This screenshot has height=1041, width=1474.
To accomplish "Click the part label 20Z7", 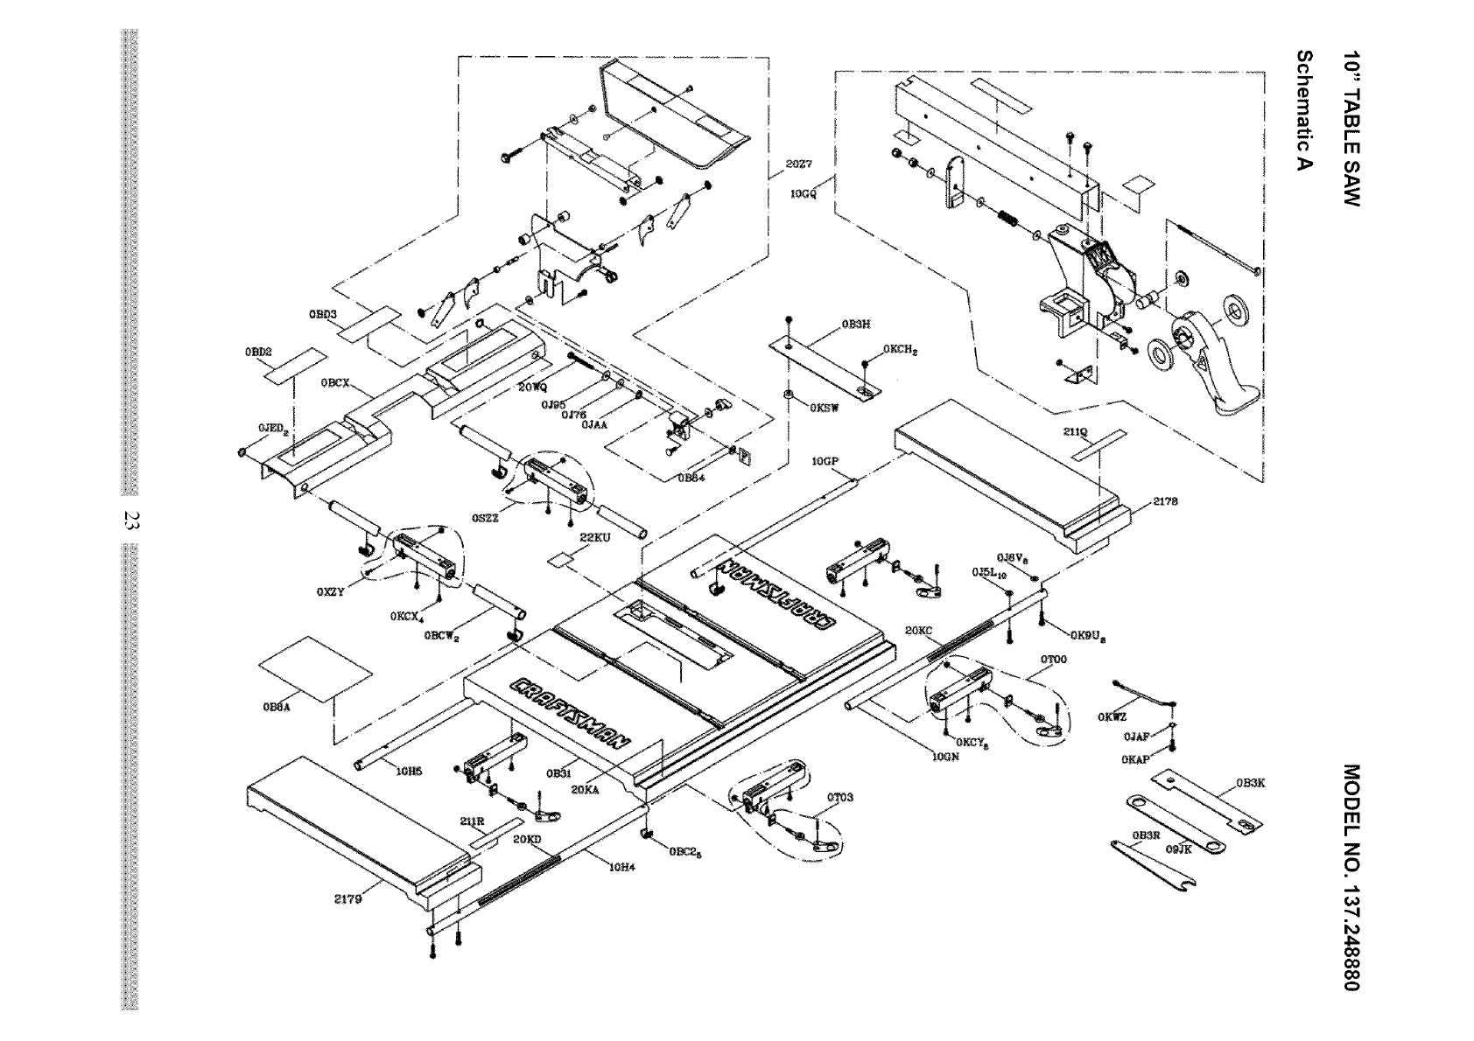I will [799, 164].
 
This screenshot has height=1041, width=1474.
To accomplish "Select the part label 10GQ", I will [803, 194].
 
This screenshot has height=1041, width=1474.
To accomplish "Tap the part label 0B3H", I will [855, 325].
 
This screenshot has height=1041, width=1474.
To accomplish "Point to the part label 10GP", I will [825, 460].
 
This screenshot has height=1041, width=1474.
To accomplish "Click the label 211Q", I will [1075, 431].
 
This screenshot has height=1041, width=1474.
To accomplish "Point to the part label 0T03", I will [840, 797].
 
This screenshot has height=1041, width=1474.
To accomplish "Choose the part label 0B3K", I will [1250, 783].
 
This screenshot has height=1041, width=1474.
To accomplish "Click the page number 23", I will [130, 520].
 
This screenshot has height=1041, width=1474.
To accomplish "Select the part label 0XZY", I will [330, 591].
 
